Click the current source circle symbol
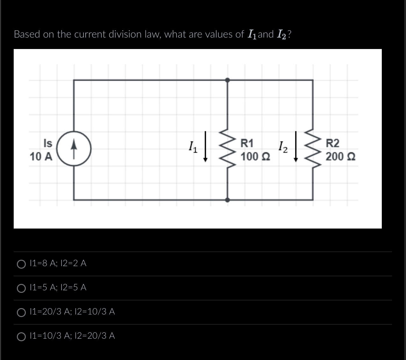[74, 149]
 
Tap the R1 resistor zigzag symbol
[227, 149]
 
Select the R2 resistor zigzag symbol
[313, 149]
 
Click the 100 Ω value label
[255, 157]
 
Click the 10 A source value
[41, 157]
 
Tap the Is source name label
[48, 144]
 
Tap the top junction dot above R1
[227, 80]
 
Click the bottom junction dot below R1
[227, 200]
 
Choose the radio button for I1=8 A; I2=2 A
[21, 264]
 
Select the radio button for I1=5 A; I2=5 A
[21, 288]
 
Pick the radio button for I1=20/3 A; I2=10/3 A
[21, 312]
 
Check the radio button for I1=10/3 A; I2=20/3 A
[21, 336]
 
